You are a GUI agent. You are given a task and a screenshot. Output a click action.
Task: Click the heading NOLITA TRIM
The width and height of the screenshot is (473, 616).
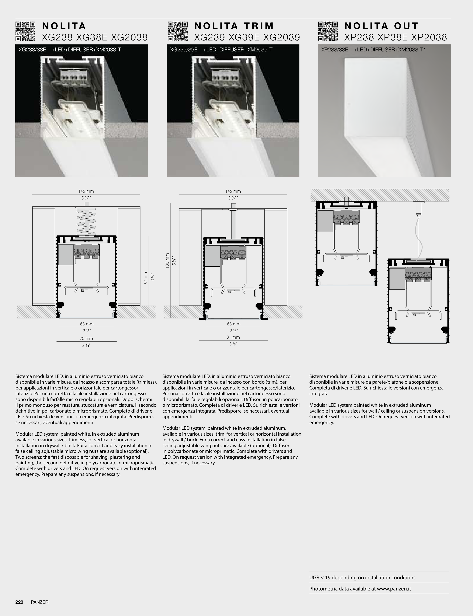pos(234,26)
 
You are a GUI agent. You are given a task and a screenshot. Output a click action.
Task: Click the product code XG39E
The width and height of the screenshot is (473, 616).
pos(247,37)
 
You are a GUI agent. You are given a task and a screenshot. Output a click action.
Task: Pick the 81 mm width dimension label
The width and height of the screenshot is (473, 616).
pos(233,337)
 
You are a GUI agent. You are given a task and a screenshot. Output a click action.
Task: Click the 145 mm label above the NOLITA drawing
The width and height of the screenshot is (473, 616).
pos(86,191)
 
